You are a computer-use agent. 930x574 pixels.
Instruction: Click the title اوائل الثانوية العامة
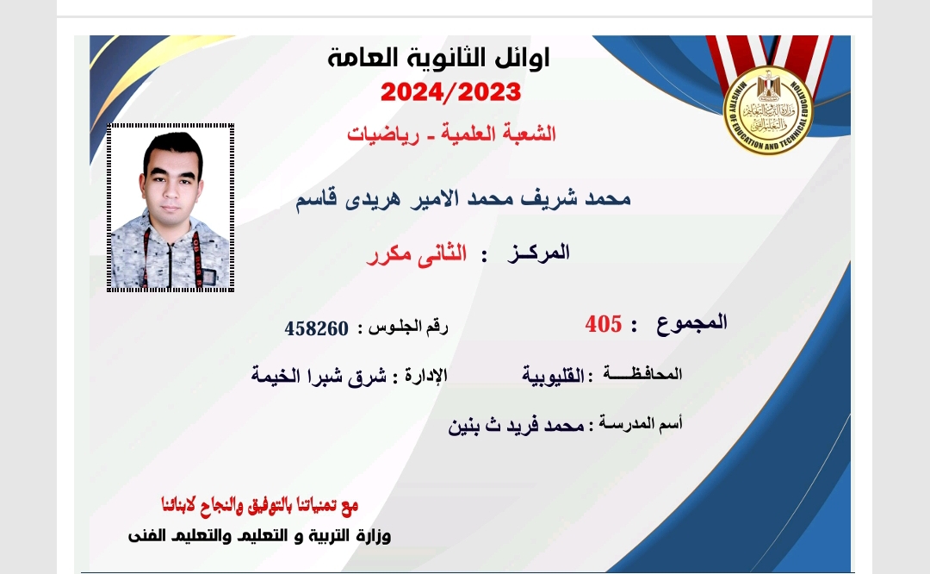coord(438,58)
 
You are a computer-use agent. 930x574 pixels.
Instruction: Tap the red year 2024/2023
coord(450,92)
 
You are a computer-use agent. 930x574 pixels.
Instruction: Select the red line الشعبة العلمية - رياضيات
coord(451,134)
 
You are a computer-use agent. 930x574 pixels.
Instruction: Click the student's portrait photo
coord(170,208)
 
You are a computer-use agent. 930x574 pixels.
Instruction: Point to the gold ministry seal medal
coord(768,110)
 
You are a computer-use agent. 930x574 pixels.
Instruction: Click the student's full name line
coord(462,197)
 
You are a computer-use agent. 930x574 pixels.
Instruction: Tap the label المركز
coord(538,253)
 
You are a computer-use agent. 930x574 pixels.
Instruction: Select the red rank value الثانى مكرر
coord(417,254)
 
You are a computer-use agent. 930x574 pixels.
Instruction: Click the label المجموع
coord(691,322)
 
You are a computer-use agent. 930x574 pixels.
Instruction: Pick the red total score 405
coord(603,324)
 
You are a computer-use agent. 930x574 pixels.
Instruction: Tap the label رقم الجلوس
coord(409,327)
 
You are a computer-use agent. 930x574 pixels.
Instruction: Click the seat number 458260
coord(316,328)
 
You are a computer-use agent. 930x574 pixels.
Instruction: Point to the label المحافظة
coord(642,374)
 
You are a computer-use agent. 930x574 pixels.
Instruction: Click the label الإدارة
coord(426,375)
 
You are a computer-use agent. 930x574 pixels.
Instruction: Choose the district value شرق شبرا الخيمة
coord(319,376)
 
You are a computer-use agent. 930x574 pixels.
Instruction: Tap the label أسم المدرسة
coord(640,423)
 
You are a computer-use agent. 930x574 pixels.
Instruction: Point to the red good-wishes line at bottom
coord(260,505)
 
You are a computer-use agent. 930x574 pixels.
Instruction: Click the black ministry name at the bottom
coord(259,535)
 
